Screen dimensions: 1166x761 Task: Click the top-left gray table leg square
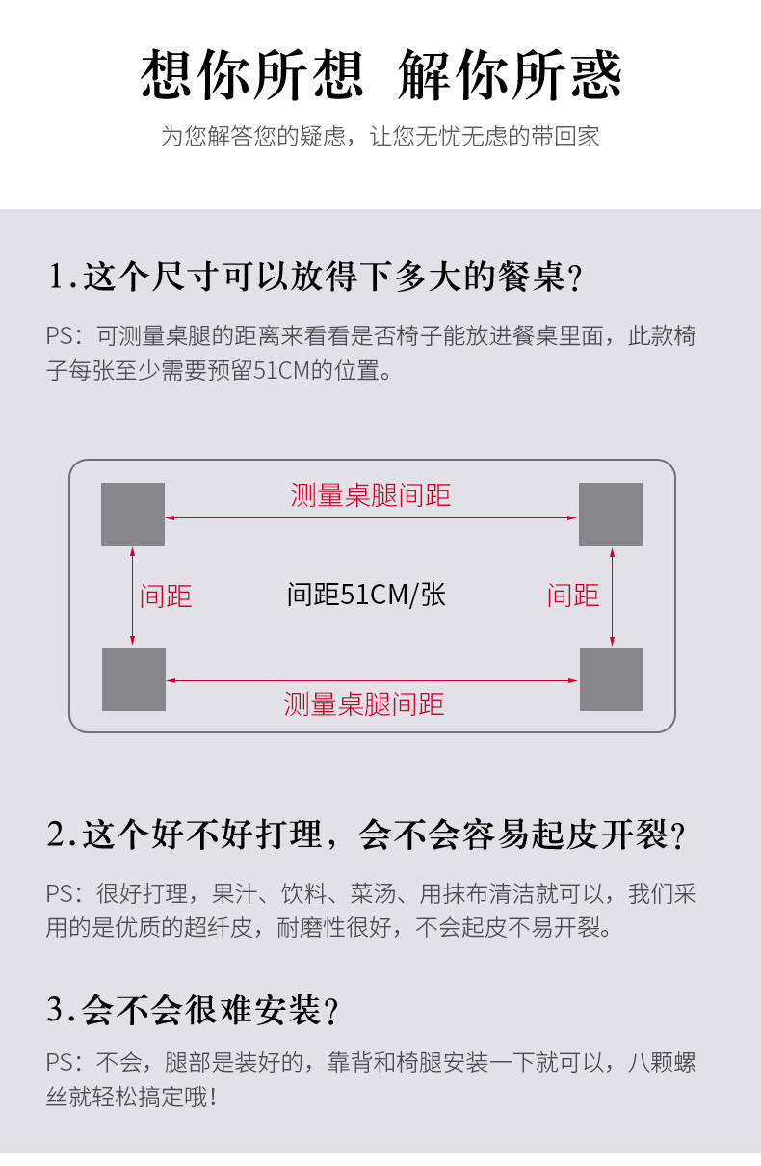click(x=133, y=515)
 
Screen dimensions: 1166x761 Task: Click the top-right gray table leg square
click(x=611, y=515)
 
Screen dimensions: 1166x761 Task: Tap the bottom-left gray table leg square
click(x=134, y=679)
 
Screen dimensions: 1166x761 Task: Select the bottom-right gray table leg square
click(x=612, y=679)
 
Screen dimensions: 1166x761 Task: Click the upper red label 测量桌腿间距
click(x=371, y=495)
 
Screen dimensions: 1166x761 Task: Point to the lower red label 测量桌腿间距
click(x=364, y=703)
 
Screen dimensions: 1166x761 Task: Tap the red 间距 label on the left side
click(x=166, y=596)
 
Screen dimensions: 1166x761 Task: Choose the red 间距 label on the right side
click(x=573, y=596)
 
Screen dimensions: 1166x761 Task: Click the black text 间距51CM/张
click(x=366, y=595)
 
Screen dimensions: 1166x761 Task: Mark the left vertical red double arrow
click(x=133, y=597)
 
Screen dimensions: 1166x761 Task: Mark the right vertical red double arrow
click(x=612, y=597)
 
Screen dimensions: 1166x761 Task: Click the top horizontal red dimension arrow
click(x=371, y=518)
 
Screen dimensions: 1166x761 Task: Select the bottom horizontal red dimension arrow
click(x=371, y=680)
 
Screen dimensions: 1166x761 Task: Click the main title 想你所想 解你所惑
click(x=381, y=75)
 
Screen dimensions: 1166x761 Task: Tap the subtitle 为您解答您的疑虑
click(x=380, y=136)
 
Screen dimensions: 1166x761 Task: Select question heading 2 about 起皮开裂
click(x=366, y=835)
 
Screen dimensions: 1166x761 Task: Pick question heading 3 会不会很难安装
click(x=193, y=1010)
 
